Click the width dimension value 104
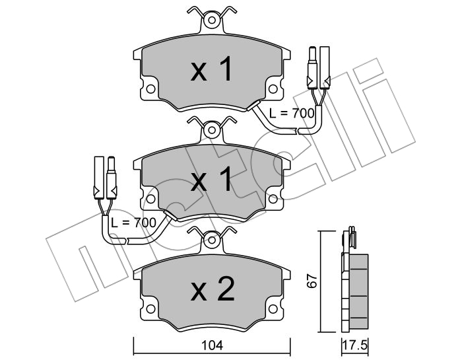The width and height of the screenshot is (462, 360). pyautogui.click(x=213, y=345)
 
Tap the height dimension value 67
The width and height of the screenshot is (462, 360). pyautogui.click(x=312, y=281)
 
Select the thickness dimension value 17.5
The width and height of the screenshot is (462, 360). pyautogui.click(x=355, y=345)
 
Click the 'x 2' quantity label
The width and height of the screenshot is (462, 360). pyautogui.click(x=213, y=289)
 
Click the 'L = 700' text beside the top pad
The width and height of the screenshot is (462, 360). pyautogui.click(x=292, y=113)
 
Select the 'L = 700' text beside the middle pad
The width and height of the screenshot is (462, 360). pyautogui.click(x=133, y=223)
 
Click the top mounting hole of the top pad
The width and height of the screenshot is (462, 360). pyautogui.click(x=212, y=20)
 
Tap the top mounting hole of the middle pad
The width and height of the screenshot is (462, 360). pyautogui.click(x=212, y=130)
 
